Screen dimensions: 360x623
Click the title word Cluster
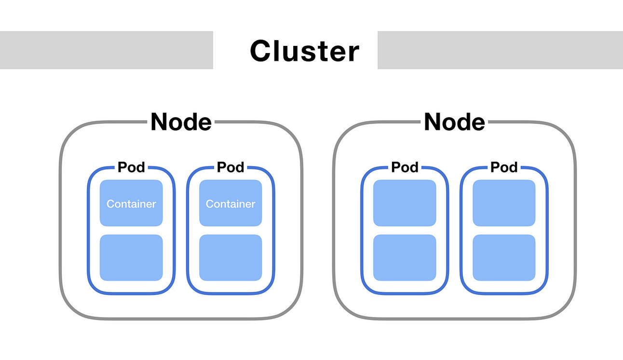click(304, 51)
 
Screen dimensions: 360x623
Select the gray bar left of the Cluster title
click(106, 50)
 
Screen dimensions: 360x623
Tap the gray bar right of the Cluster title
click(500, 50)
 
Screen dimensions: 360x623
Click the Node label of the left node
click(181, 122)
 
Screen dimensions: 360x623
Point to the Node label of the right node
click(454, 122)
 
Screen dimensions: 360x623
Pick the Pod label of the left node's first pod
click(131, 167)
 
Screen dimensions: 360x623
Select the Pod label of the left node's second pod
click(230, 167)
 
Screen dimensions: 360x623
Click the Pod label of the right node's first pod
click(405, 167)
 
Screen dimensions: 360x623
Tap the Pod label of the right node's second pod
click(504, 167)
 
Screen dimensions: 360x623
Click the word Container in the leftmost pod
click(131, 204)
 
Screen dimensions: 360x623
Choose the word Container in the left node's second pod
click(230, 204)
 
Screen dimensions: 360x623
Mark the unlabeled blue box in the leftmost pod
click(131, 258)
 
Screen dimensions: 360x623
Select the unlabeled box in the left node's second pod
click(230, 258)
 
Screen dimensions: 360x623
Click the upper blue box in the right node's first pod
click(405, 203)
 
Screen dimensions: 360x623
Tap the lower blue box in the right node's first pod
click(405, 258)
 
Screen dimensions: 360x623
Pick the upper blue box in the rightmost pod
click(504, 203)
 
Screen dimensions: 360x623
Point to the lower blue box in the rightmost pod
click(504, 258)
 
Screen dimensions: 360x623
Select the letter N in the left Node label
click(161, 122)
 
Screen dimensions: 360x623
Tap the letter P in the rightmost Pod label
click(495, 167)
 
